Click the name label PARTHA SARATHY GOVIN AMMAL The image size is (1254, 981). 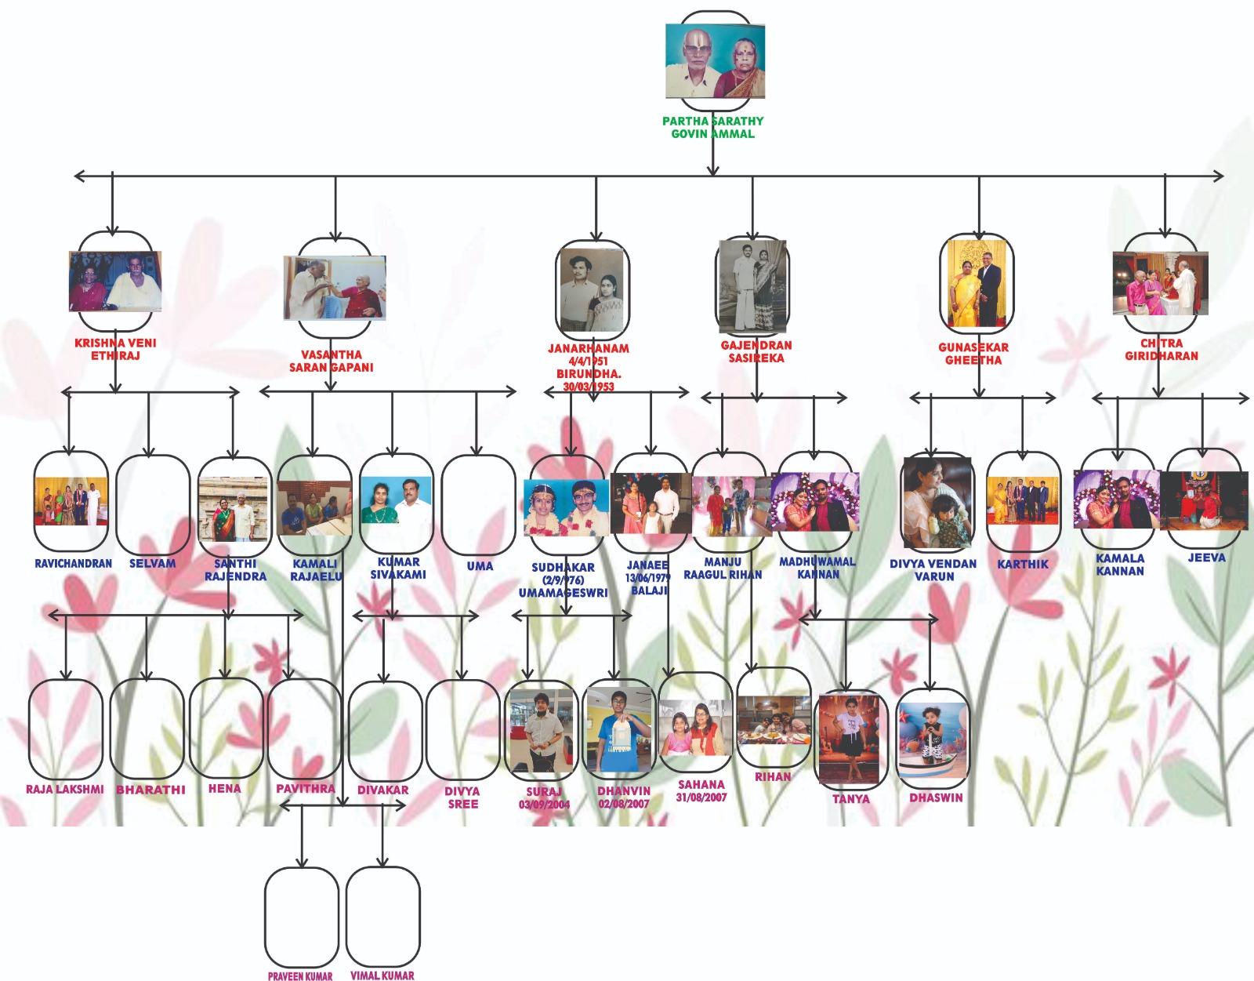712,127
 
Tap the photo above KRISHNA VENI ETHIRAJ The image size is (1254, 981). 115,281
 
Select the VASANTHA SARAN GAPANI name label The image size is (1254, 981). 331,361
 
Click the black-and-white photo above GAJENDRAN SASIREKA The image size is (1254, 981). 752,285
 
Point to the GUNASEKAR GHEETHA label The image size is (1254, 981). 973,354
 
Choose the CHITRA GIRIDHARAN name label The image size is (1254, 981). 1162,350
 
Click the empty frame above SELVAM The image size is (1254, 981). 153,503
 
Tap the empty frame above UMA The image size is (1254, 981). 478,503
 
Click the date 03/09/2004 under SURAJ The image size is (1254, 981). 544,805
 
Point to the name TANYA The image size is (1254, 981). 851,799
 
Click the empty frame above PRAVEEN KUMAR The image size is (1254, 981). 302,916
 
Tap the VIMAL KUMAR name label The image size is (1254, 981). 382,976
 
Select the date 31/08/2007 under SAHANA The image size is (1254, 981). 701,798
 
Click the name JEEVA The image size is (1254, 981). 1206,558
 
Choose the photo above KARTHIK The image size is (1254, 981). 1023,500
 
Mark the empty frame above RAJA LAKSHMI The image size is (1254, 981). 66,729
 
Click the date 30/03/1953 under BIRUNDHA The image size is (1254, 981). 589,387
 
